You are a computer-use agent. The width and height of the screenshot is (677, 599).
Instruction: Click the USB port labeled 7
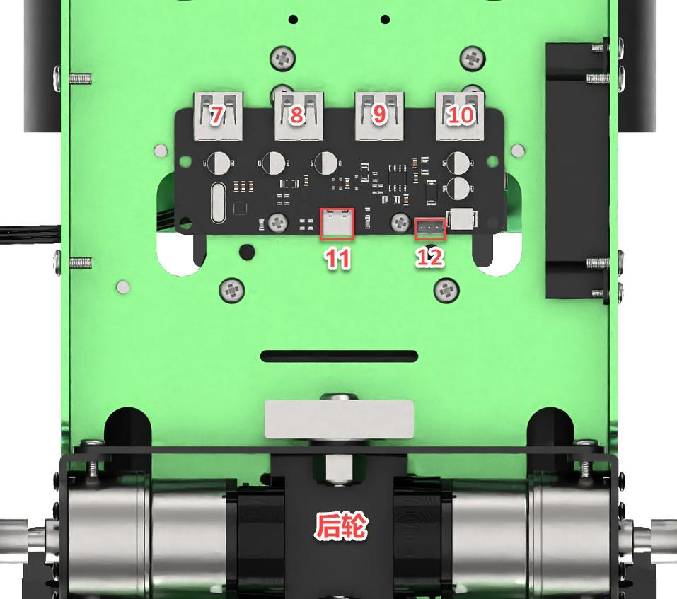tap(218, 116)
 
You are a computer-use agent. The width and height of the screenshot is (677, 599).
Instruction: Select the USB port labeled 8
tap(299, 116)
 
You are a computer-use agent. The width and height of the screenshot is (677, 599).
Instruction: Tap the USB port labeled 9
tap(379, 116)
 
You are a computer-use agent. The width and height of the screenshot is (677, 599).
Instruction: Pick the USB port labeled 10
tap(460, 116)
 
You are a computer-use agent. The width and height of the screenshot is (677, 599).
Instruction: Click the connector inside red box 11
tap(337, 223)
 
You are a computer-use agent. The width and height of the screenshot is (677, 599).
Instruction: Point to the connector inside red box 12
tap(430, 228)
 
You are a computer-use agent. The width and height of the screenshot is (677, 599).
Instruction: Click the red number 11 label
tap(337, 259)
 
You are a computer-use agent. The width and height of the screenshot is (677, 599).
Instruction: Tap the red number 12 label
tap(429, 257)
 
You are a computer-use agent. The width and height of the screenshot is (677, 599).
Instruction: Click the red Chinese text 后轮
tap(341, 525)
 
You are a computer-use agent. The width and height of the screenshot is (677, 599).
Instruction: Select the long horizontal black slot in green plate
tap(340, 356)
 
